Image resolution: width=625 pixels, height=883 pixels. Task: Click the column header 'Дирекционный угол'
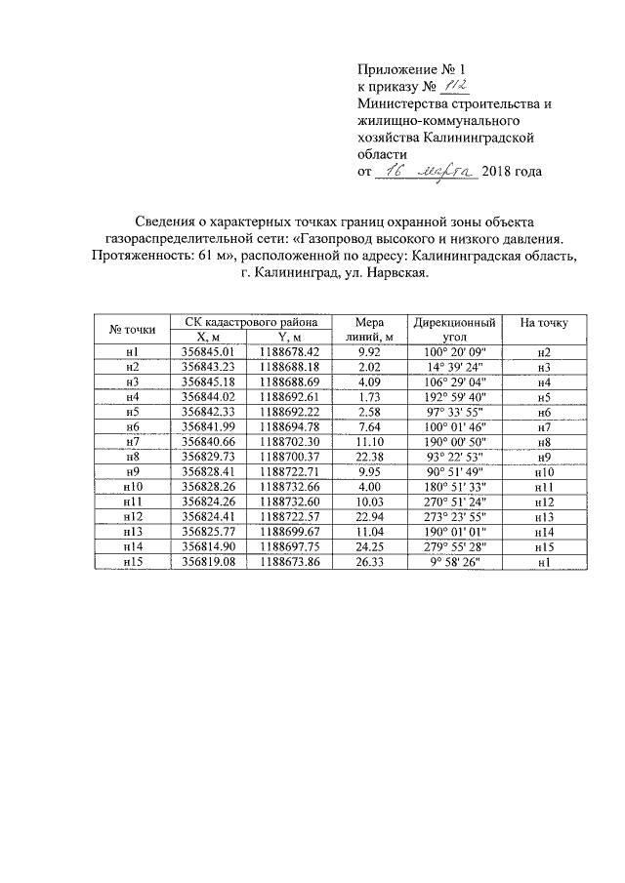(454, 329)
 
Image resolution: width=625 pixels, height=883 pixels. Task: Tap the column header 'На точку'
(544, 322)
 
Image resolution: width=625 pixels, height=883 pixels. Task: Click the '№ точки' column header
(132, 329)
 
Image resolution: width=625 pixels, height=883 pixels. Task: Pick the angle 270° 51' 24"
(454, 501)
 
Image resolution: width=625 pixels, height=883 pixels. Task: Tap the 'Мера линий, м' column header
(368, 329)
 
